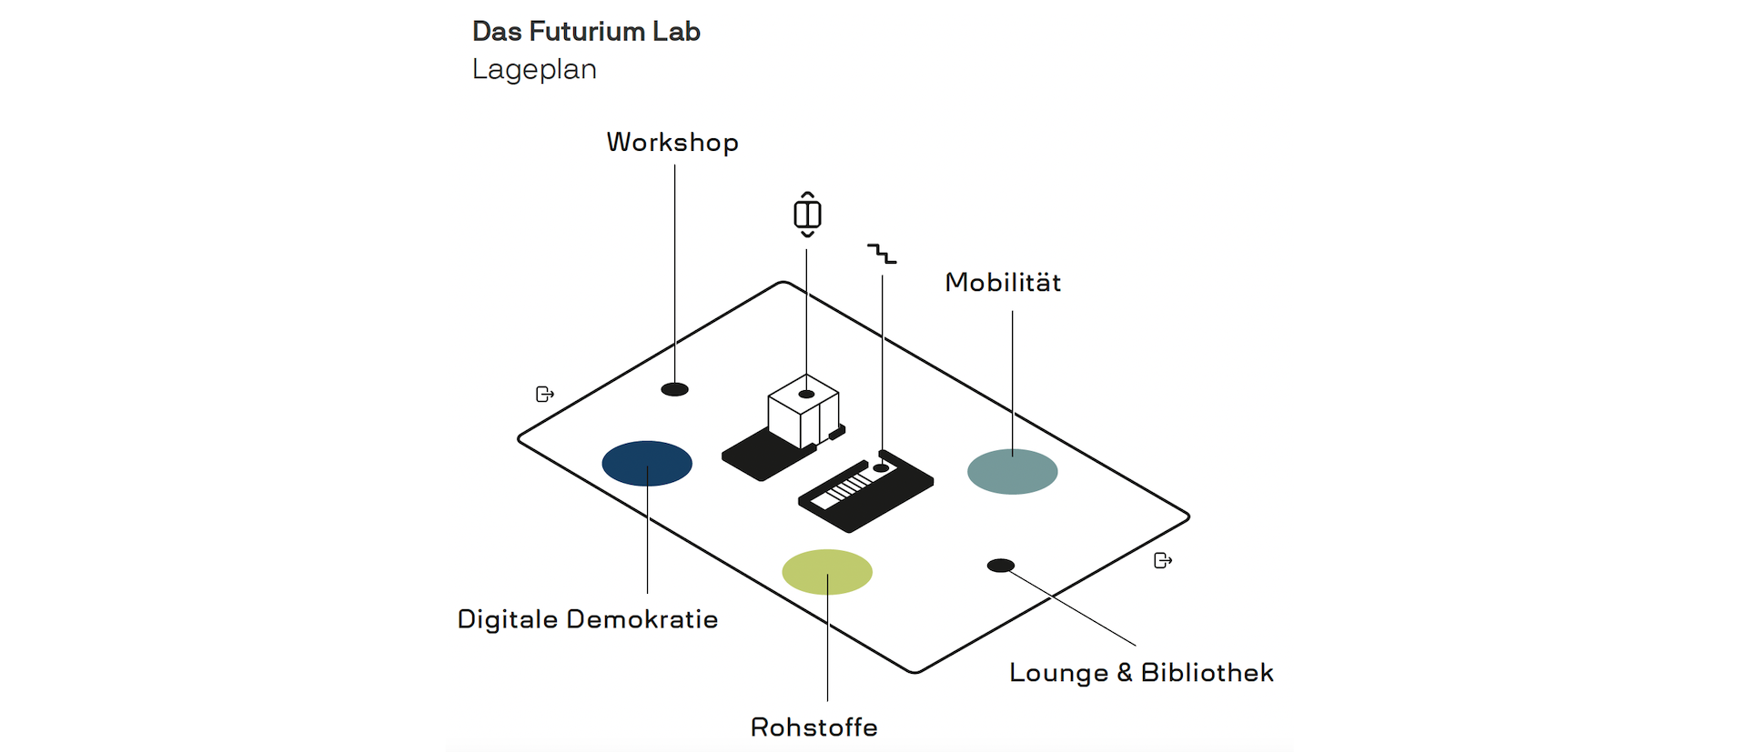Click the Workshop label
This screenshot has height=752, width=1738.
point(672,143)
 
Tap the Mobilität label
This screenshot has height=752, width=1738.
point(1003,282)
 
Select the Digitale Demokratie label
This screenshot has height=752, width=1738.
point(588,619)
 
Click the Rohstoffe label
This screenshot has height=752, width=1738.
point(814,727)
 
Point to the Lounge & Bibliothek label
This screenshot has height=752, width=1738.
point(1141,673)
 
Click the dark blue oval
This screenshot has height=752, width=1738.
point(647,464)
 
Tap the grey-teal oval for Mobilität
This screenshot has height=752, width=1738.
point(1013,472)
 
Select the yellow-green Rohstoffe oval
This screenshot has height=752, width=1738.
point(827,572)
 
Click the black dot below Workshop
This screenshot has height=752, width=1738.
point(674,389)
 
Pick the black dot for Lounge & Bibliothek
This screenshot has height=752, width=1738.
point(1001,566)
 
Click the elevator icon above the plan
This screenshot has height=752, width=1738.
point(807,215)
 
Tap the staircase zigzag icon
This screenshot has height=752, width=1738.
point(882,254)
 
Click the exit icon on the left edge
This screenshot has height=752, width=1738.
point(545,394)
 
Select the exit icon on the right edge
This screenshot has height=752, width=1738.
point(1163,560)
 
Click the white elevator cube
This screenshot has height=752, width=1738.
point(803,411)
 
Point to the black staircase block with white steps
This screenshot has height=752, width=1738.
point(865,491)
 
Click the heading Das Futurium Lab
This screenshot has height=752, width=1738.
point(586,32)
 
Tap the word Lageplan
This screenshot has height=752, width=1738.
point(534,70)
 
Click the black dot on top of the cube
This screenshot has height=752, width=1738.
point(806,394)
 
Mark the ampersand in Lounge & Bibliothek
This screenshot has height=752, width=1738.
point(1125,673)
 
